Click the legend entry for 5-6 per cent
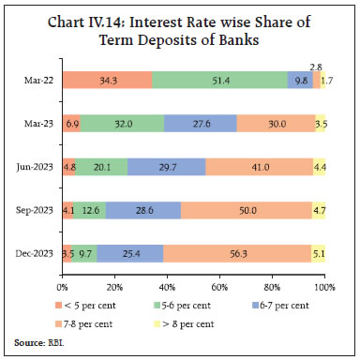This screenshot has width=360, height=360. tap(185, 304)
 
